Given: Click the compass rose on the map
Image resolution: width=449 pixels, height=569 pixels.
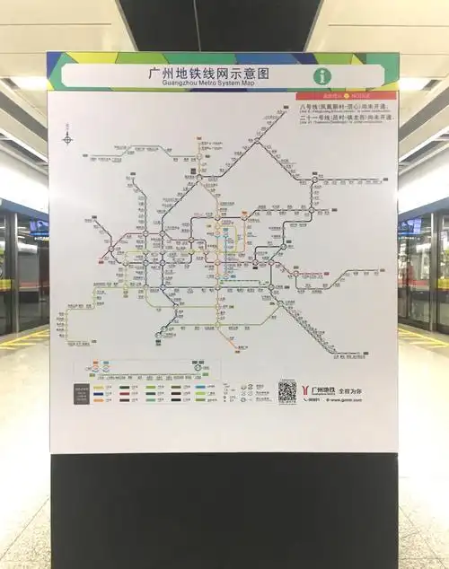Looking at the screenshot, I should pyautogui.click(x=67, y=138).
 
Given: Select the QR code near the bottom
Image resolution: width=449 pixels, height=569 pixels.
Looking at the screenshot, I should pyautogui.click(x=286, y=390).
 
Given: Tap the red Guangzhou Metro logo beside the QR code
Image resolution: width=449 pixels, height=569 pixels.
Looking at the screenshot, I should pyautogui.click(x=313, y=390).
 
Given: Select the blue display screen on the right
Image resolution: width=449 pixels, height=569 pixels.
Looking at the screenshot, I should pyautogui.click(x=411, y=226).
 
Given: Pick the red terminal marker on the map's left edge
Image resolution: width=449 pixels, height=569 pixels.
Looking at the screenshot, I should pyautogui.click(x=101, y=259).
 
